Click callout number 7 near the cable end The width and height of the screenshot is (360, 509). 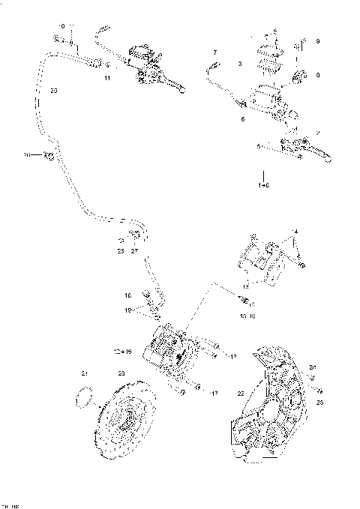pos(214,52)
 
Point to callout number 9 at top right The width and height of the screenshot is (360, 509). pos(317,40)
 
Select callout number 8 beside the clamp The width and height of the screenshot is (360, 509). pos(317,75)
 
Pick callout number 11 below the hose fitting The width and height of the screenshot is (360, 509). pos(107,78)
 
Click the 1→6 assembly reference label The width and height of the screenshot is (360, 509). pos(264,183)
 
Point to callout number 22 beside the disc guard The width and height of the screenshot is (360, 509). pos(241,393)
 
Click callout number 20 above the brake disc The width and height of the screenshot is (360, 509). pos(121,373)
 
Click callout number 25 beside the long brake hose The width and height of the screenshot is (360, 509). pos(52,91)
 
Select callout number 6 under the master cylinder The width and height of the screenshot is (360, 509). pos(242,119)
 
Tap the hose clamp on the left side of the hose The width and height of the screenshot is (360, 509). pos(47,155)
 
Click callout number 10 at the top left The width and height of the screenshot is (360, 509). pos(61,25)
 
